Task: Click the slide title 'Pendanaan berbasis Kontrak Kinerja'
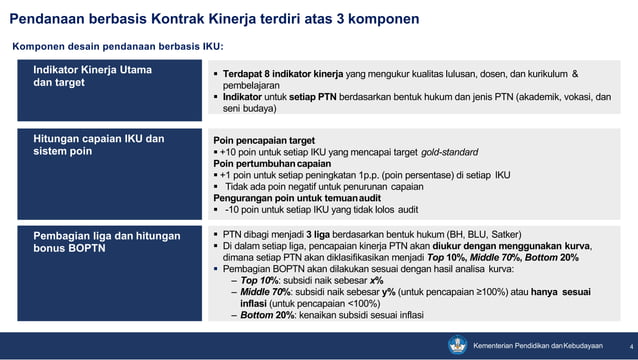(x=214, y=19)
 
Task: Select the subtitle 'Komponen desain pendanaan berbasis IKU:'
(x=117, y=47)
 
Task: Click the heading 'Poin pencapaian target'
(x=264, y=140)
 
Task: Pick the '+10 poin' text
(x=241, y=152)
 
